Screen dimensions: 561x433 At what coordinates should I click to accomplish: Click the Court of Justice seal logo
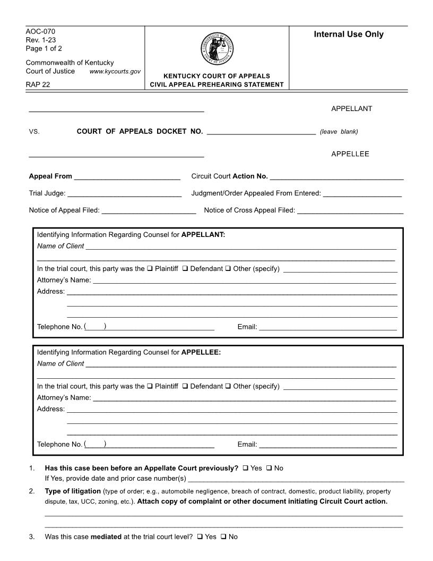[x=217, y=48]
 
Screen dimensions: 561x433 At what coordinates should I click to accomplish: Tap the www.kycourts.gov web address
[x=115, y=71]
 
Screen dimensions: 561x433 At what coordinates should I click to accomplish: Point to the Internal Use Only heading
[x=349, y=35]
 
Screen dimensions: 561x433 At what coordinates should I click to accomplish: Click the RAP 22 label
[x=38, y=84]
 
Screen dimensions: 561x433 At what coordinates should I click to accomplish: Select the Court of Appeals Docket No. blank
[x=261, y=131]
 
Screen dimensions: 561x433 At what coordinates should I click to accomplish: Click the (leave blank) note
[x=339, y=132]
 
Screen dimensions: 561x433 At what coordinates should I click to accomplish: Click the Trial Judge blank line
[x=125, y=193]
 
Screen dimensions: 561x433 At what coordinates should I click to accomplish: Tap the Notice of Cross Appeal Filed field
[x=350, y=210]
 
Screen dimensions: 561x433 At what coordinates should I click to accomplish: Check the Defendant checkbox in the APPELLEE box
[x=185, y=386]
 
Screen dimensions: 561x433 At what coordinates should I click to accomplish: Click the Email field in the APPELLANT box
[x=327, y=327]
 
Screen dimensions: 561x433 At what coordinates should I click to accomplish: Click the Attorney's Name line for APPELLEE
[x=244, y=397]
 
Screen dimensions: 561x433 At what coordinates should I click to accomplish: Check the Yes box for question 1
[x=246, y=468]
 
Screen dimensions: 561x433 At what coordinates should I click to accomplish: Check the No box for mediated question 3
[x=223, y=537]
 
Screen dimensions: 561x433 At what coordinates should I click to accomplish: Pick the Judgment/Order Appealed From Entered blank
[x=362, y=193]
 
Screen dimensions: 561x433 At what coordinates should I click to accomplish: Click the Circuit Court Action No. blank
[x=336, y=176]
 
